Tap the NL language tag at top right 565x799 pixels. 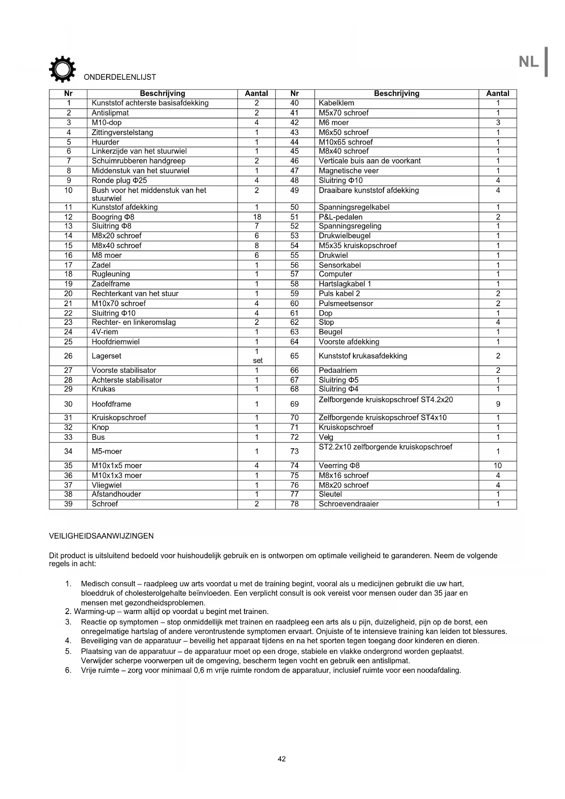tap(529, 61)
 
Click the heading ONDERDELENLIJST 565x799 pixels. tap(120, 77)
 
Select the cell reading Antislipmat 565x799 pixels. tap(110, 113)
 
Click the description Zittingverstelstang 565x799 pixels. tap(122, 133)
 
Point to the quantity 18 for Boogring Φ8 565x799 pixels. tap(257, 217)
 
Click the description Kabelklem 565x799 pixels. tap(336, 103)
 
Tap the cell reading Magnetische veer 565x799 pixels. tap(349, 171)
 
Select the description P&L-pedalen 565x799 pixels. tap(341, 217)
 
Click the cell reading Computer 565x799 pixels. tap(336, 274)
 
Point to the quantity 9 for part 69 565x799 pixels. tap(498, 404)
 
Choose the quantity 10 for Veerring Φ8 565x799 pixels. tap(498, 466)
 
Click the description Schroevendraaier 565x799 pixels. tap(349, 504)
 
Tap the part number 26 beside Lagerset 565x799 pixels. tap(68, 356)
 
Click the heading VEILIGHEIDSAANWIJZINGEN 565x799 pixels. tap(102, 536)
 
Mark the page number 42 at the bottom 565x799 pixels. tap(282, 759)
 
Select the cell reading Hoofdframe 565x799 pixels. tap(112, 404)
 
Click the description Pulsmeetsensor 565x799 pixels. tap(346, 303)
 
